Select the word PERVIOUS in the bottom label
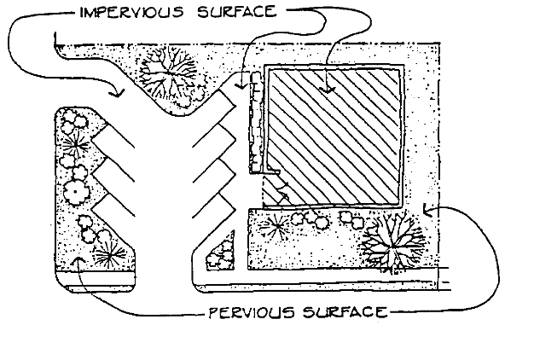(x=247, y=311)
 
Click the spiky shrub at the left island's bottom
(x=108, y=253)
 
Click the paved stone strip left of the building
(x=254, y=128)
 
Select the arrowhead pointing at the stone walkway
(x=243, y=84)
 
